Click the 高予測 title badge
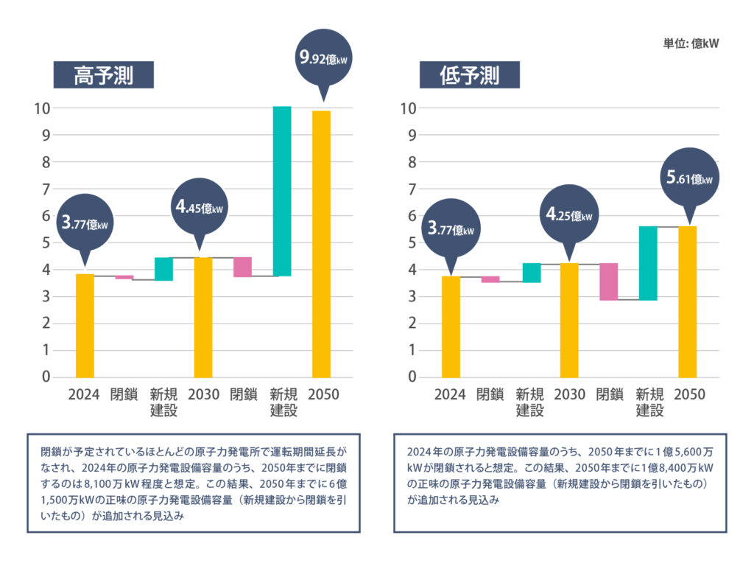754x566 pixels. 103,75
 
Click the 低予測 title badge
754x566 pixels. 470,75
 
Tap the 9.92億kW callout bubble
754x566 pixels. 323,57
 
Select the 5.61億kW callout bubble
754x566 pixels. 688,178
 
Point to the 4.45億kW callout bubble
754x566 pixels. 199,207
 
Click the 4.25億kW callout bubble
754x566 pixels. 568,214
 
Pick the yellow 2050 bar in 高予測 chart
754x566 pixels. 321,243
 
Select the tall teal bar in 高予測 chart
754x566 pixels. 282,191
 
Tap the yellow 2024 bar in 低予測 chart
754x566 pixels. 451,326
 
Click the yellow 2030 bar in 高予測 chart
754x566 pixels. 203,317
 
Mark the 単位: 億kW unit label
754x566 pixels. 690,43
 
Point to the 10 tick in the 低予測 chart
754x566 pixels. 409,108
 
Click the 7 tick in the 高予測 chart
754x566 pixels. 46,189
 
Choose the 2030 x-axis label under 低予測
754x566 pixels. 570,395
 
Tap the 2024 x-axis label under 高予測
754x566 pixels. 84,395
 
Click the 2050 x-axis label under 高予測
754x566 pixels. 323,395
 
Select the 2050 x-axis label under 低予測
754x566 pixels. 689,395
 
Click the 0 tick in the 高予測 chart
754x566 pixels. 46,377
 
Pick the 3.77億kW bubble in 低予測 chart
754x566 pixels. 452,228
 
